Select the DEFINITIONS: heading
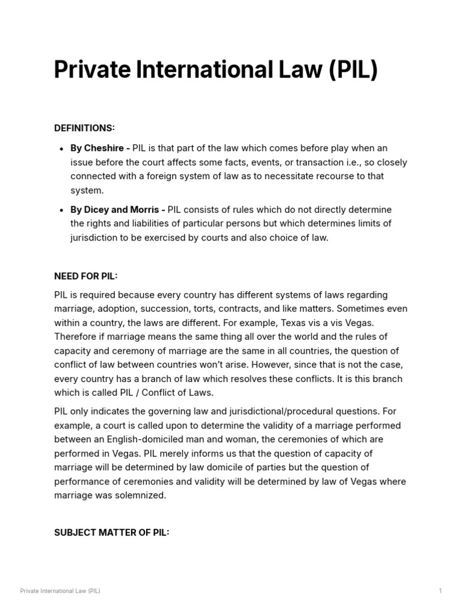84,128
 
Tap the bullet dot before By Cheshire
63,149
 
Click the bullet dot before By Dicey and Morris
63,210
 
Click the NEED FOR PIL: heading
86,276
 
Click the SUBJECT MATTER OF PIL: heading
112,532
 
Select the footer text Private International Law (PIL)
60,591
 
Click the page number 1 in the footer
440,591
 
